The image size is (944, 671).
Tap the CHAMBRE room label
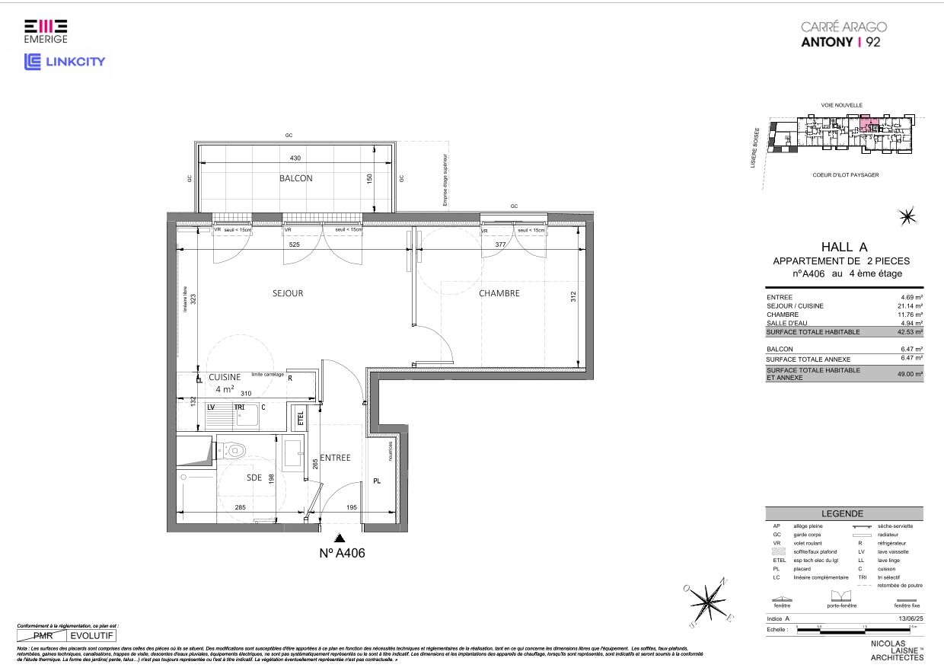[x=499, y=293]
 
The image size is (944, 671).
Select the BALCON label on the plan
[x=295, y=178]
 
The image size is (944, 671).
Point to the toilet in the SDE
[x=234, y=451]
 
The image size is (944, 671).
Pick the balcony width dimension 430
[x=295, y=158]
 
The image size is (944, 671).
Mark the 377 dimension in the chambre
[x=500, y=245]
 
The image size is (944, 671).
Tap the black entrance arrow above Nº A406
[x=328, y=538]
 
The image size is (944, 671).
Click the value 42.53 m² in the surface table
[x=909, y=332]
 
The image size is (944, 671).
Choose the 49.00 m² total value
[x=909, y=374]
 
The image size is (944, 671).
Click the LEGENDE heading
[x=842, y=514]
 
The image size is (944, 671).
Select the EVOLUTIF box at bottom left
[x=92, y=634]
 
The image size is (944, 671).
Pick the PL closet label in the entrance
[x=377, y=481]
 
